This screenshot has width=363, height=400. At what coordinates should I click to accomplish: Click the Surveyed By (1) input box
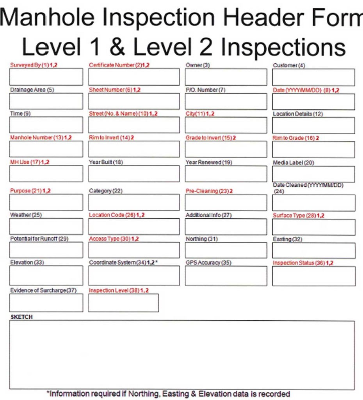tap(46, 77)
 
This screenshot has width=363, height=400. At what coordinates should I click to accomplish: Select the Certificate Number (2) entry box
tap(134, 77)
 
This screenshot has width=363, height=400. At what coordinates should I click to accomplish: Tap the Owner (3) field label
tap(198, 65)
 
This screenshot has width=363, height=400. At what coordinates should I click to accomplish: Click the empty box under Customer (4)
tap(313, 77)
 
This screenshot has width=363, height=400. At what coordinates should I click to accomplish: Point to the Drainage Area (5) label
tap(32, 90)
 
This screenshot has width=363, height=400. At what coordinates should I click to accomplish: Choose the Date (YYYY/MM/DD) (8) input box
tap(313, 102)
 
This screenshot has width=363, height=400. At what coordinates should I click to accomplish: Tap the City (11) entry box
tap(226, 125)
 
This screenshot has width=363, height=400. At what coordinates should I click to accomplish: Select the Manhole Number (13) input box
tap(46, 149)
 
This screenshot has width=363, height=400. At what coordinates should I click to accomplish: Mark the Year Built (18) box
tap(134, 173)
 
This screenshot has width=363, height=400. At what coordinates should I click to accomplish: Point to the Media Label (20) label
tap(293, 162)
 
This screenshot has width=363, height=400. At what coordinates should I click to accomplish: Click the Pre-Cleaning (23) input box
tap(226, 202)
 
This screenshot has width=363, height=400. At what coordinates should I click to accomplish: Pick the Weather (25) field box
tap(46, 226)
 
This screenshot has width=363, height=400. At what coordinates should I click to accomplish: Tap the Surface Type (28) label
tap(299, 215)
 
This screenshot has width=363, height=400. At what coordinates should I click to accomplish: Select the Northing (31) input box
tap(226, 250)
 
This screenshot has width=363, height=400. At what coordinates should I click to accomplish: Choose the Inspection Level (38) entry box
tap(123, 303)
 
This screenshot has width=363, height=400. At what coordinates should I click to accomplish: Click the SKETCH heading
tap(21, 317)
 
